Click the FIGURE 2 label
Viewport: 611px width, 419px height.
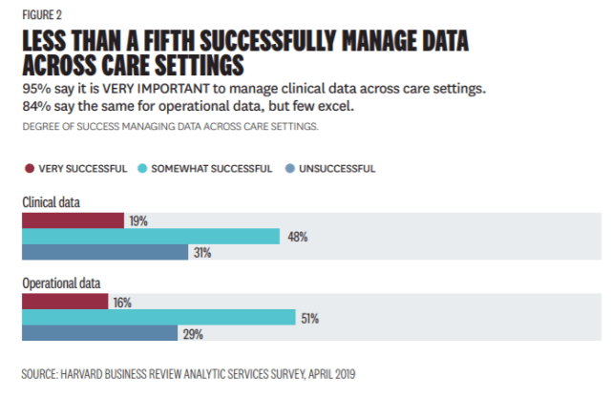click(x=42, y=14)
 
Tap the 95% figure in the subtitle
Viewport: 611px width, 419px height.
click(x=36, y=89)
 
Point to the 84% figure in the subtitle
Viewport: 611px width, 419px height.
click(x=36, y=105)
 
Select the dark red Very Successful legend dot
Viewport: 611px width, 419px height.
click(x=29, y=169)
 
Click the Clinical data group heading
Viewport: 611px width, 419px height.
click(x=52, y=202)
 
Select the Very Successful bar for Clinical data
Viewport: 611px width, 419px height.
click(x=73, y=220)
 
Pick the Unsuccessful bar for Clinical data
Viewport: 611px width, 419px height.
click(x=104, y=253)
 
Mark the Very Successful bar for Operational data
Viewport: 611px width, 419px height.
click(x=64, y=302)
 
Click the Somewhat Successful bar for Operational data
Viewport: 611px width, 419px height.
click(x=158, y=318)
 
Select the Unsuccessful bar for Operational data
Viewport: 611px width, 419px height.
click(x=99, y=334)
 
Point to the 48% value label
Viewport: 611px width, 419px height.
click(x=296, y=237)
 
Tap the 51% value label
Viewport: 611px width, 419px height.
click(x=309, y=318)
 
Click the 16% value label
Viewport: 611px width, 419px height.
click(x=121, y=302)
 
